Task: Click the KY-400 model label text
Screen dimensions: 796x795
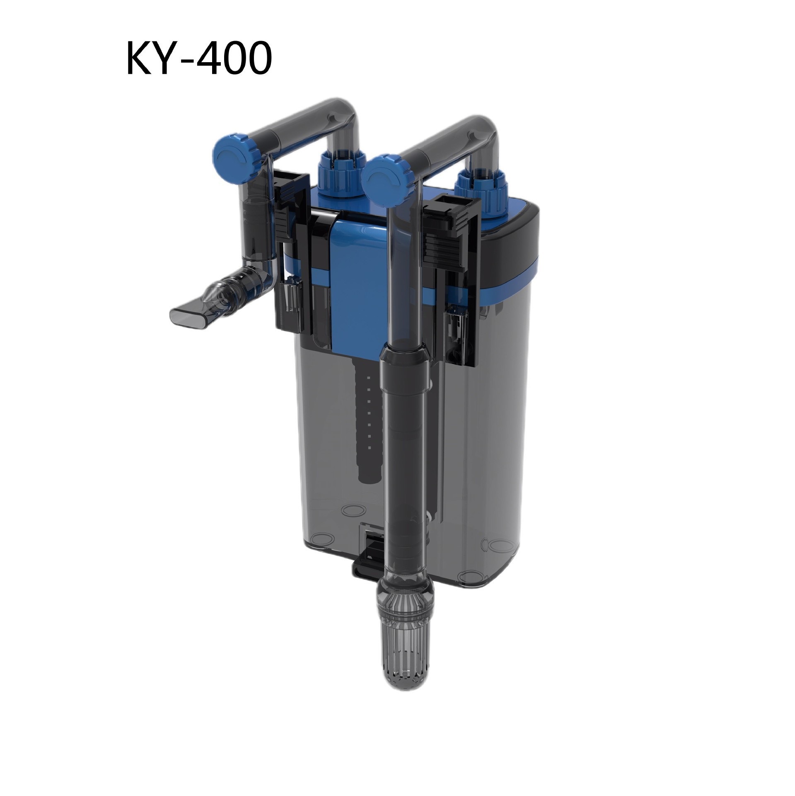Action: [199, 58]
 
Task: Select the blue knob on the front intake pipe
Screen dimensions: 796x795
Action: [382, 175]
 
